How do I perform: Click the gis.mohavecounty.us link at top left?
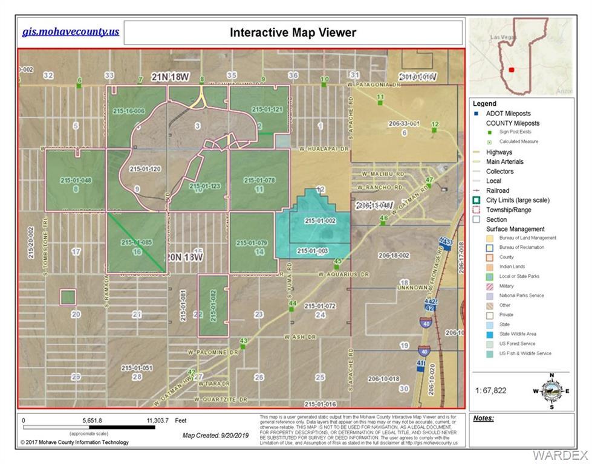click(71, 32)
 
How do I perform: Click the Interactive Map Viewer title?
click(293, 33)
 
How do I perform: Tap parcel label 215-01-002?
click(320, 221)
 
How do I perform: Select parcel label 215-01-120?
click(145, 169)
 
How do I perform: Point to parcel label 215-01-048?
click(76, 180)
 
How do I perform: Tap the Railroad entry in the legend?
click(497, 190)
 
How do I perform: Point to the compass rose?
click(550, 390)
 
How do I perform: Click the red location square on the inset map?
click(512, 69)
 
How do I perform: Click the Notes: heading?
click(483, 418)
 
